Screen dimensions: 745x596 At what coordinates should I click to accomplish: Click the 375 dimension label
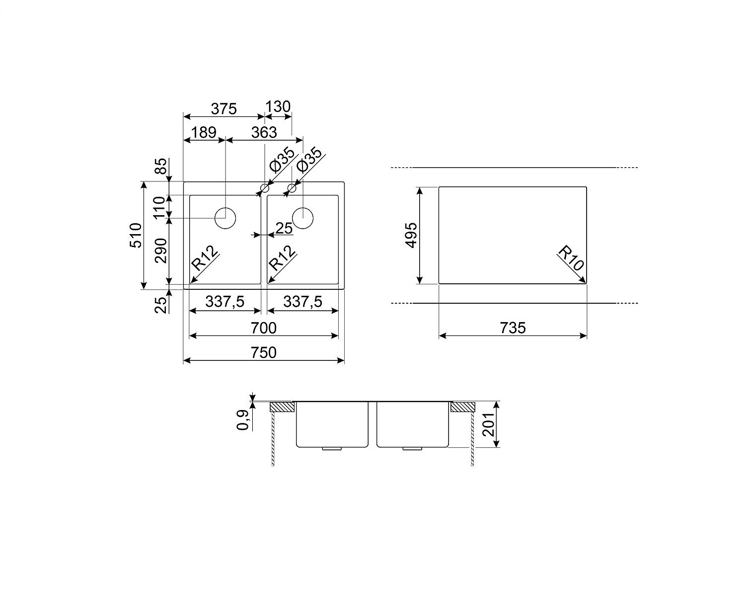[223, 109]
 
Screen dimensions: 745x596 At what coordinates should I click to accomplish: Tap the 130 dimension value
[278, 107]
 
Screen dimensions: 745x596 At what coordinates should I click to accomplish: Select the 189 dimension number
[204, 132]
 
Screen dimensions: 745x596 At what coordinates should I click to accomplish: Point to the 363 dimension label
[264, 132]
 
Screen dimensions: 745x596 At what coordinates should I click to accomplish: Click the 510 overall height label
[136, 235]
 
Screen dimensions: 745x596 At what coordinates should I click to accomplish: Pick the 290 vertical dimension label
[160, 251]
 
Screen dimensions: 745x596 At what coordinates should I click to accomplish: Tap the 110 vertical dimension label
[160, 207]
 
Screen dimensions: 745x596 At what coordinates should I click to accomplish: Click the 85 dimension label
[160, 167]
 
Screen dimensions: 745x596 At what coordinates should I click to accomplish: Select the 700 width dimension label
[264, 328]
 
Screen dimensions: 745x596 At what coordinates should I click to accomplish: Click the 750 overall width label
[264, 353]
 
